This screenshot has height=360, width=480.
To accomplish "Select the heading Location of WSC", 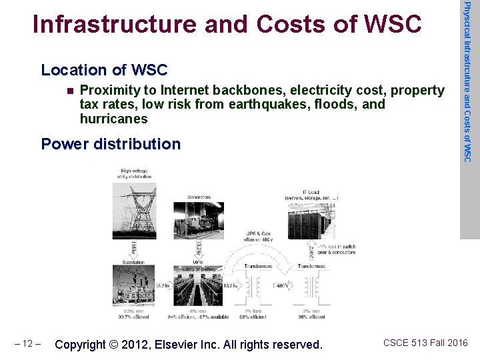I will [104, 70].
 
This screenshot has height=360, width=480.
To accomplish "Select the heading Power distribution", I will [111, 144].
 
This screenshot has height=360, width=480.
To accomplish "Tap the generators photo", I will [198, 219].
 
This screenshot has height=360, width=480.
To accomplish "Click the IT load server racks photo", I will [311, 220].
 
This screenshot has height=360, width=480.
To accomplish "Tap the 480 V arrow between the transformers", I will [281, 286].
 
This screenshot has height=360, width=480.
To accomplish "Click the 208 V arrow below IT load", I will [312, 251].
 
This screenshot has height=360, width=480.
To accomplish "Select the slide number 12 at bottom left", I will [28, 344].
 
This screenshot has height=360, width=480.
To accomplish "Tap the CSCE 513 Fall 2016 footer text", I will [425, 343].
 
